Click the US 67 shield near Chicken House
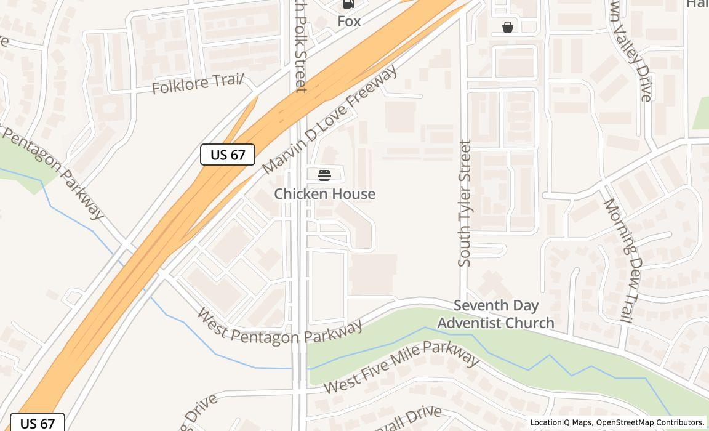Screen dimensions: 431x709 click(228, 155)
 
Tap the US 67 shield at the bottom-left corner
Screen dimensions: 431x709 click(38, 423)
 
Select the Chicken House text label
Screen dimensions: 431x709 click(324, 194)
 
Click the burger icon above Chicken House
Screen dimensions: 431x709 click(324, 175)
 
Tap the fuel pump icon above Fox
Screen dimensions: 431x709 click(349, 4)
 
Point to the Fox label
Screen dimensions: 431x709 click(349, 22)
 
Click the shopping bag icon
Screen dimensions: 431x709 click(508, 27)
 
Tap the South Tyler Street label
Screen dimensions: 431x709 click(465, 203)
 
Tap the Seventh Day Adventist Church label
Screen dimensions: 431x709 click(496, 314)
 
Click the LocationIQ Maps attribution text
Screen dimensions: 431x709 click(561, 422)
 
